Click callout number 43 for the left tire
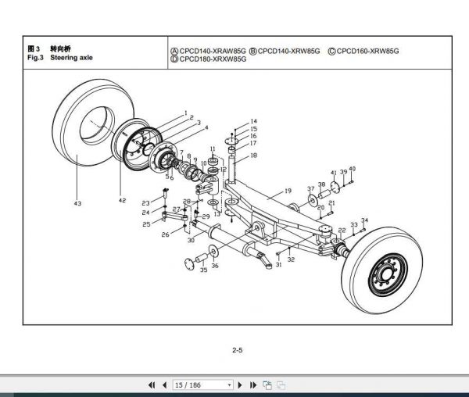[77, 204]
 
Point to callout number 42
[122, 201]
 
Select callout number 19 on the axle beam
[288, 191]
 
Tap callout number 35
[203, 270]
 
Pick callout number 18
[253, 156]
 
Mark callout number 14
[253, 121]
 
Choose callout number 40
[352, 170]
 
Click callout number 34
[364, 221]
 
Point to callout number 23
[145, 203]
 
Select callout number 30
[191, 240]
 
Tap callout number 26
[165, 234]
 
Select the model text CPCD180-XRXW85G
[213, 59]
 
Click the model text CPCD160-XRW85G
[367, 51]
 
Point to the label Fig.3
[35, 58]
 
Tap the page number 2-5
[238, 351]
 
